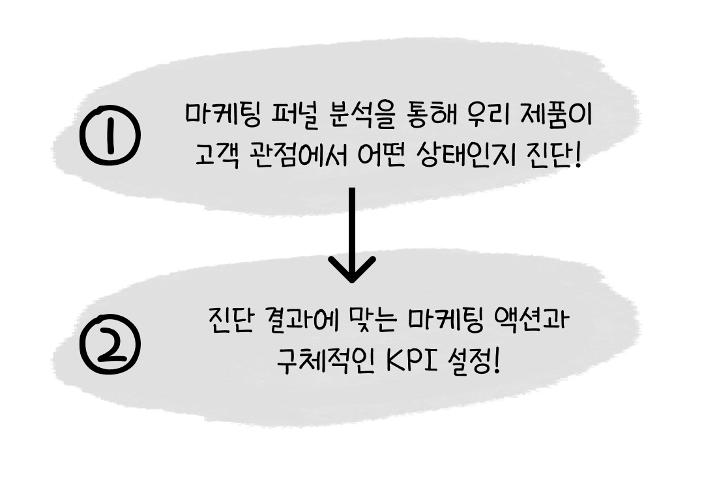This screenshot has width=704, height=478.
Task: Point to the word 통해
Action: point(426,115)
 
